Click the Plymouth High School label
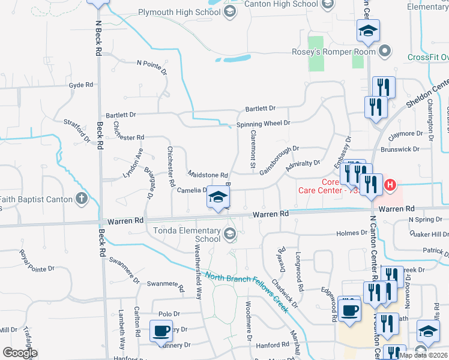click(x=179, y=11)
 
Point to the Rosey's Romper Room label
click(x=334, y=52)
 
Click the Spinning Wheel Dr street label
click(x=263, y=123)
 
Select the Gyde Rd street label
click(x=80, y=85)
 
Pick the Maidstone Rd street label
click(x=207, y=174)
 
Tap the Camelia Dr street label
click(x=191, y=190)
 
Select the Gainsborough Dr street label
click(x=279, y=160)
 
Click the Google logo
click(x=19, y=353)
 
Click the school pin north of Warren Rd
click(x=218, y=197)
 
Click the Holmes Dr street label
click(x=352, y=233)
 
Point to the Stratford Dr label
click(x=76, y=130)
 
